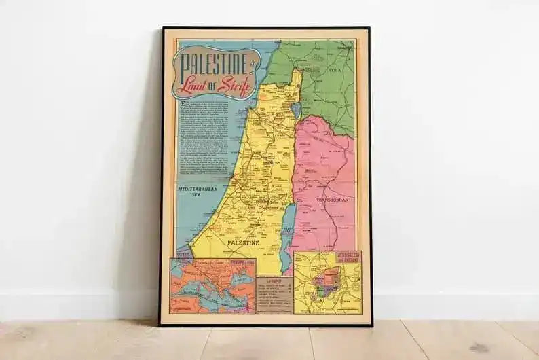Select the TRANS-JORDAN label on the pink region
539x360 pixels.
tap(333, 200)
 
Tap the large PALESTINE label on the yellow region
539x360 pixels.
tap(243, 242)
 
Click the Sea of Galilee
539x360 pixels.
tap(295, 109)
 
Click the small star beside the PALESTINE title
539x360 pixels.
tap(254, 65)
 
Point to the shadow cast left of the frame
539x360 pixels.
tap(146, 204)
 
